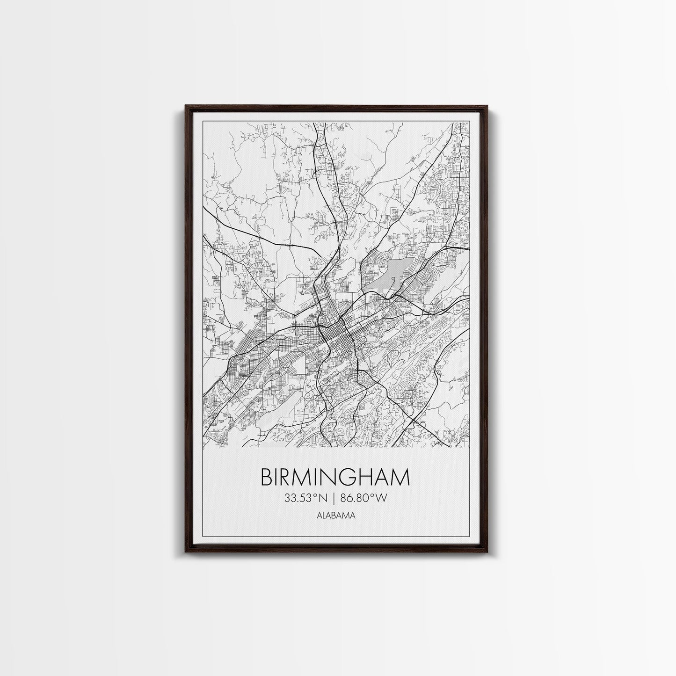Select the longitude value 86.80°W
364,498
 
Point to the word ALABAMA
334,516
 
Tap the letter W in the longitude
384,498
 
